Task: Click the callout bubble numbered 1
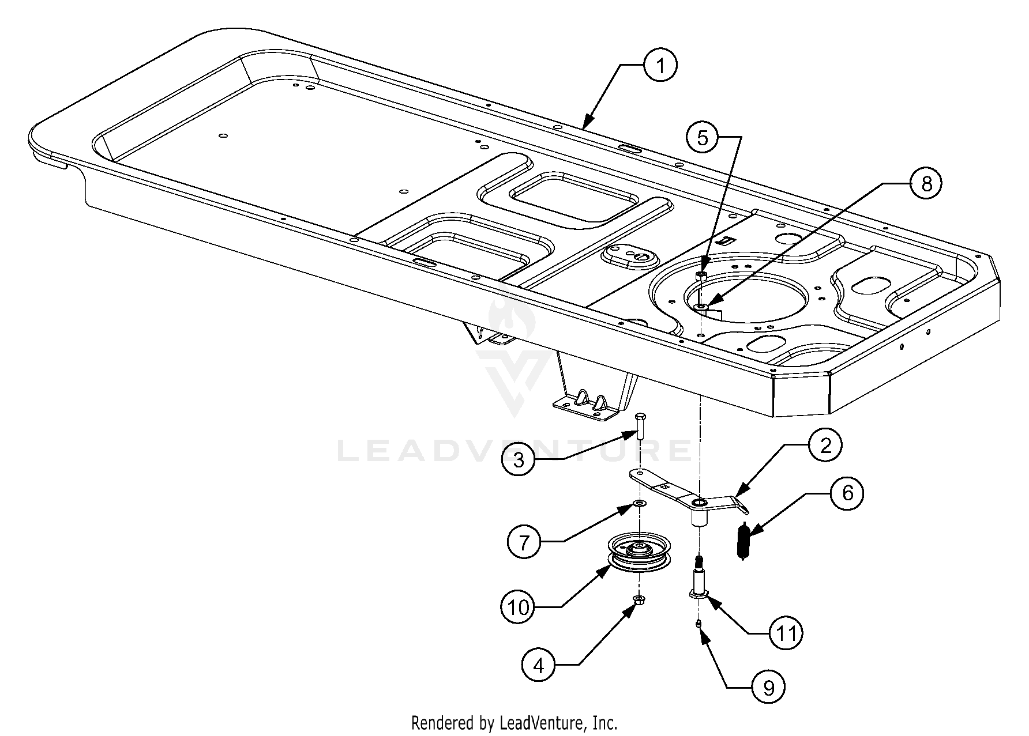pyautogui.click(x=660, y=66)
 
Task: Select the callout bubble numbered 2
pyautogui.click(x=825, y=445)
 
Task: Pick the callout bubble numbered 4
pyautogui.click(x=539, y=666)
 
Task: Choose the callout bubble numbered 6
pyautogui.click(x=847, y=493)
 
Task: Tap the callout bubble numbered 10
pyautogui.click(x=519, y=607)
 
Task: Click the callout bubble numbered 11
pyautogui.click(x=786, y=633)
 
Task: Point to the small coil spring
pyautogui.click(x=743, y=540)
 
